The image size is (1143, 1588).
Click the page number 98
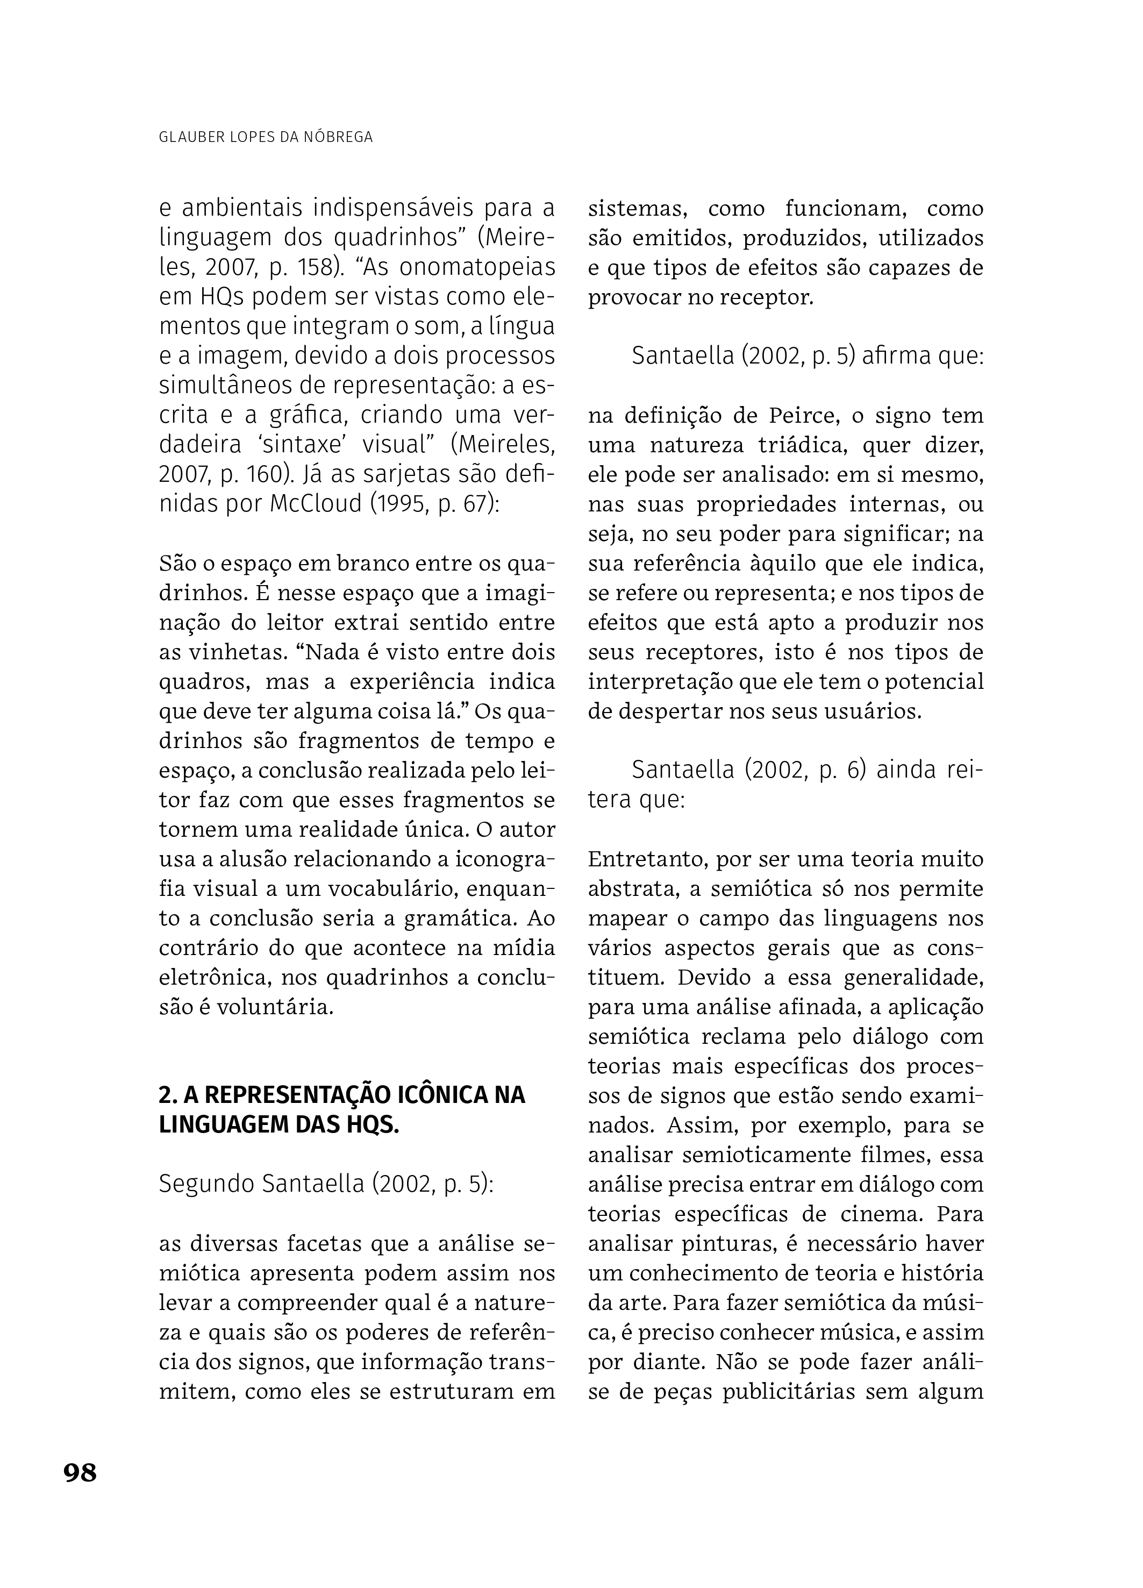click(80, 1472)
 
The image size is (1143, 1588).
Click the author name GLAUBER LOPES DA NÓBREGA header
click(266, 137)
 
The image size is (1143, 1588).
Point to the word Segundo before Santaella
click(206, 1183)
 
